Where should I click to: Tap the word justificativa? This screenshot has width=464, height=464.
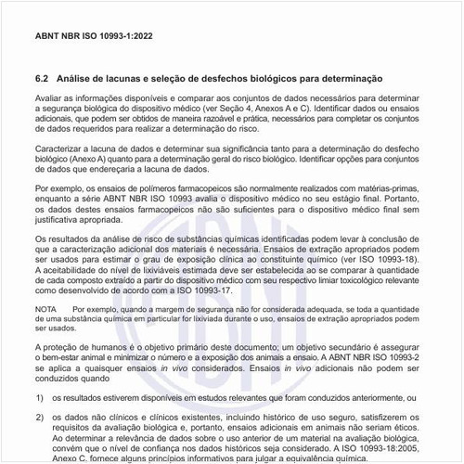pos(60,223)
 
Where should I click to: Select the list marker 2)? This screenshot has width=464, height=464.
pos(40,419)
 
